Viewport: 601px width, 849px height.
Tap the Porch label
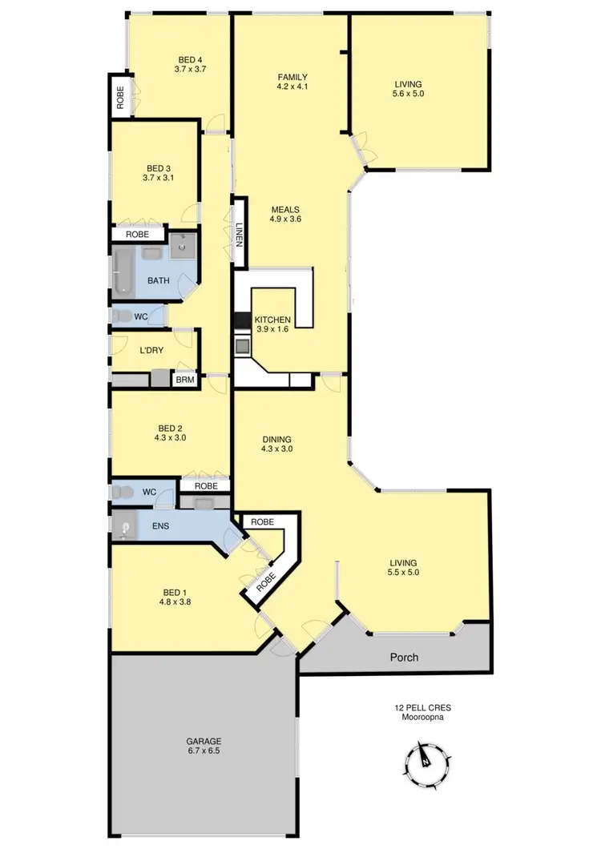coord(404,658)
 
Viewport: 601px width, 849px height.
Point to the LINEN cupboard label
coord(239,236)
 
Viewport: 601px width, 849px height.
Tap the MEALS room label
coord(284,213)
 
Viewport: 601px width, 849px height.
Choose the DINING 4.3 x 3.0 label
coord(276,444)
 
